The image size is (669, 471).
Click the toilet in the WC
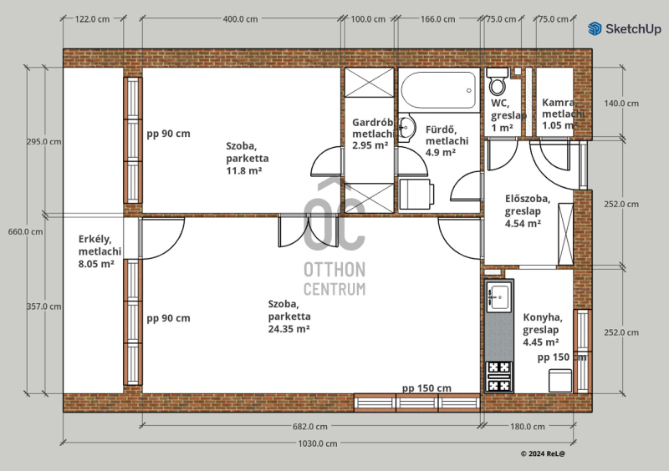(x=498, y=81)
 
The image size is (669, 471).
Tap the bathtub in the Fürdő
(x=438, y=90)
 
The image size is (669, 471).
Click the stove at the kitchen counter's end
(x=499, y=377)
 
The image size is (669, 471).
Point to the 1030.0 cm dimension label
(x=318, y=443)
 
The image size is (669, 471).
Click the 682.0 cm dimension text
(x=310, y=426)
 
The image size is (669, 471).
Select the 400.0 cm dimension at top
(x=240, y=19)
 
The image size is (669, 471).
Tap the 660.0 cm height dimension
(x=26, y=232)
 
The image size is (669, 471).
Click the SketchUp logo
(x=625, y=29)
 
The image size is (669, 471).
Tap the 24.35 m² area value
(x=289, y=329)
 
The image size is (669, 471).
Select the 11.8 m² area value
(x=243, y=171)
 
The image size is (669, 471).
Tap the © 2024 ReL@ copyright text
(x=543, y=454)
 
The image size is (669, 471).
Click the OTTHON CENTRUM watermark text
(x=334, y=279)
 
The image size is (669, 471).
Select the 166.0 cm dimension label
(x=437, y=19)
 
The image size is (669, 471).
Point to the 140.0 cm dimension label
(x=621, y=104)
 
